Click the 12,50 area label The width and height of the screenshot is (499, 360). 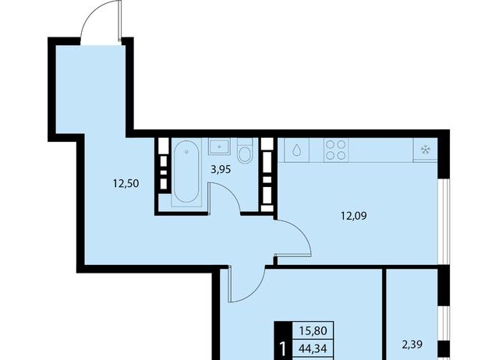tap(126, 184)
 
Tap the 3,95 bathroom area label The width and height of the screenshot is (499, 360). tap(221, 170)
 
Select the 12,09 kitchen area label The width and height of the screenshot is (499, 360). tap(353, 217)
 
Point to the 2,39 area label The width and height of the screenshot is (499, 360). tap(412, 344)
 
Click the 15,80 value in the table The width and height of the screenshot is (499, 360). tap(313, 330)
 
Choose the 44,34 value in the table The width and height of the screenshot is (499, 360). tap(313, 349)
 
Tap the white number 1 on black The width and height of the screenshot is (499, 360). tap(282, 349)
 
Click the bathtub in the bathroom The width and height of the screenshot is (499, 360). tap(186, 171)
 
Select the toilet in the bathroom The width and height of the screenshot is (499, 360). tap(245, 150)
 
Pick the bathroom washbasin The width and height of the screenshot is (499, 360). tap(220, 146)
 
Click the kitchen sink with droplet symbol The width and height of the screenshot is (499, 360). tap(296, 150)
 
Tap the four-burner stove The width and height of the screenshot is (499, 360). tap(336, 150)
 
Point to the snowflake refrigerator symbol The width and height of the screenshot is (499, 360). tap(425, 150)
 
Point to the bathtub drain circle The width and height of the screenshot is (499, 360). tap(186, 152)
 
